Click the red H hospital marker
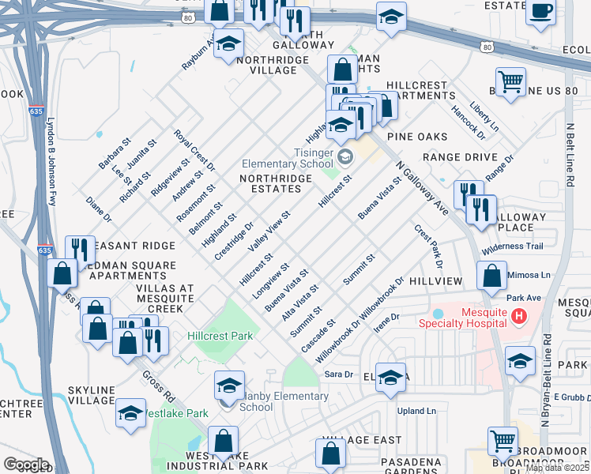click(x=519, y=317)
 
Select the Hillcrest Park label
click(x=220, y=336)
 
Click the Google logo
click(x=26, y=465)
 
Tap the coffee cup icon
click(x=541, y=13)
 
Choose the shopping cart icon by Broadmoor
click(x=503, y=440)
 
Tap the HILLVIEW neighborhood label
click(x=435, y=281)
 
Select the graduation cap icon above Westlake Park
click(x=131, y=412)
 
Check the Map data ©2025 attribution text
click(x=558, y=468)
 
